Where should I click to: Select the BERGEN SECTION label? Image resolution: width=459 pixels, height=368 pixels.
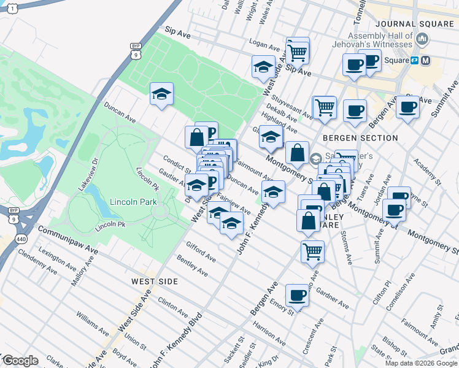pos(360,138)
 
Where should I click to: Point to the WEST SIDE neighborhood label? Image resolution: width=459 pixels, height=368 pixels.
pos(155,282)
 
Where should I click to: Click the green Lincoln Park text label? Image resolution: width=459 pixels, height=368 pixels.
pos(133,202)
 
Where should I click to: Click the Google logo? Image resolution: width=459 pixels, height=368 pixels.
pos(20,361)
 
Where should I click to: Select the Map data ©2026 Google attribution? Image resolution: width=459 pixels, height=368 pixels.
pos(422,363)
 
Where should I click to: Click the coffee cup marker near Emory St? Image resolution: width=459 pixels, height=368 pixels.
pos(297,296)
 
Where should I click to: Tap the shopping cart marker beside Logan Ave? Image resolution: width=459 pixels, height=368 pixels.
pos(298,52)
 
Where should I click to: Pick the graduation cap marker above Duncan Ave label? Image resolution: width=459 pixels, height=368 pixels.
pos(161,94)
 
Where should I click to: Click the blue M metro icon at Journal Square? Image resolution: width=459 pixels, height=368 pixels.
pos(426,60)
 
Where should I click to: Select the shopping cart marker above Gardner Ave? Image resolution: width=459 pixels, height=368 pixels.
pos(312,250)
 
